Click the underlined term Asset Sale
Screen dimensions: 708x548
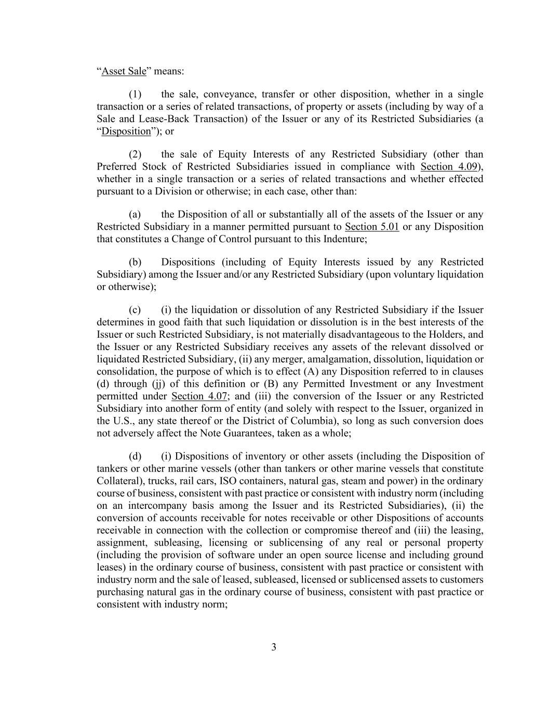124,71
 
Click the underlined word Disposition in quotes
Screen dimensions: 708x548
126,131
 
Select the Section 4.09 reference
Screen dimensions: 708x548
449,166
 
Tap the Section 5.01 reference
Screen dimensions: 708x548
372,227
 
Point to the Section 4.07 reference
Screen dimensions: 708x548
199,396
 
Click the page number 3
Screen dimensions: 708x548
274,647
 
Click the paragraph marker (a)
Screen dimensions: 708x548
135,214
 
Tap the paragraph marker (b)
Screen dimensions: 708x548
135,262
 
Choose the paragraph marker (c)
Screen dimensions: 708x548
135,310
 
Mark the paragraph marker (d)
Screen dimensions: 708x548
135,456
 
